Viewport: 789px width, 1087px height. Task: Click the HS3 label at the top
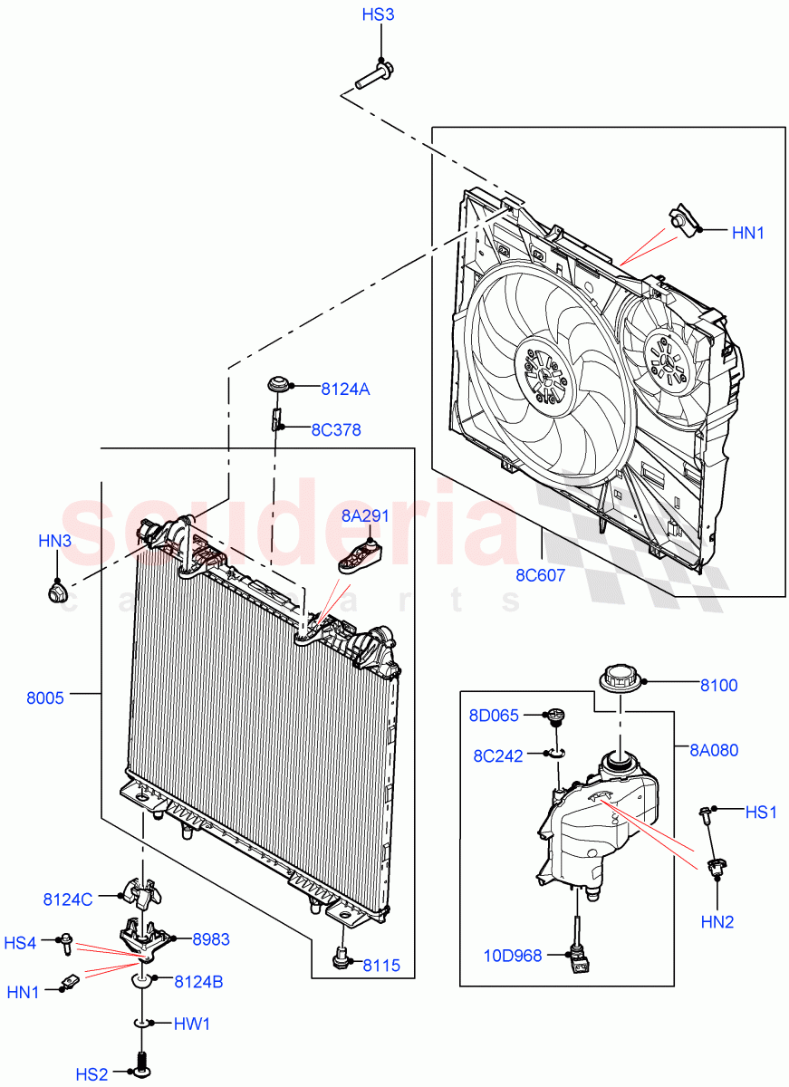[378, 15]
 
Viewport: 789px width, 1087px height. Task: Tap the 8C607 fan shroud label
[542, 572]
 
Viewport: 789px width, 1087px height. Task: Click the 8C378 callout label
[336, 430]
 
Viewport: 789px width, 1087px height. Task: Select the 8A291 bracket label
[365, 516]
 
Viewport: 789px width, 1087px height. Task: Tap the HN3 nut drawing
[57, 594]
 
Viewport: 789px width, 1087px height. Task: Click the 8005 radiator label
[45, 697]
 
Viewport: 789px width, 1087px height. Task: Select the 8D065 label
[494, 716]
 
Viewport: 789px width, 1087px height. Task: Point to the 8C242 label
[498, 755]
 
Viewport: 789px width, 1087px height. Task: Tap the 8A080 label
[713, 750]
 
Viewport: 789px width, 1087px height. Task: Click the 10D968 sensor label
[514, 956]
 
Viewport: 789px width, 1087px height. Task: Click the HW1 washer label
[193, 1024]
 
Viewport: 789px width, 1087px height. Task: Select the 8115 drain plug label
[381, 965]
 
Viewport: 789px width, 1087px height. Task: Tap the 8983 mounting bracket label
[211, 940]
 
